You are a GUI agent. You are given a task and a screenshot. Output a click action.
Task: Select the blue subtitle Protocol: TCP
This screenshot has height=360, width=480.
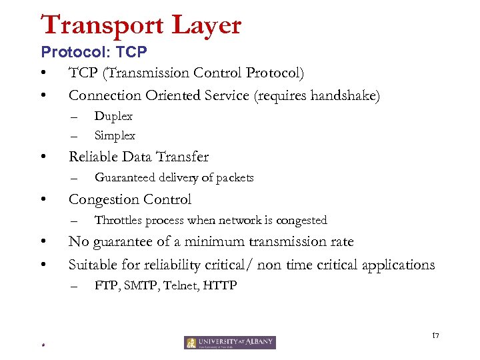click(93, 51)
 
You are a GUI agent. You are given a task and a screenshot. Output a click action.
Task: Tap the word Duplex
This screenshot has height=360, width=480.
click(113, 116)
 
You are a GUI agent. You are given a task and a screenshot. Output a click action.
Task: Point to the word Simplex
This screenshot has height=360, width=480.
click(115, 135)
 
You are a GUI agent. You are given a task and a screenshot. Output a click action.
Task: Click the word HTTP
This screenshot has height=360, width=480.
click(220, 286)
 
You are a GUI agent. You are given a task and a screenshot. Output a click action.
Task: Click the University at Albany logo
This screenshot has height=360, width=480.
click(230, 343)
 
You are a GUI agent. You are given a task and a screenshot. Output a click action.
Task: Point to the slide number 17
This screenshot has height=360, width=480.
click(436, 334)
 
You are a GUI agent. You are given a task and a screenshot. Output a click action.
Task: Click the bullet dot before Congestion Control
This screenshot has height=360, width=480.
click(43, 199)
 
